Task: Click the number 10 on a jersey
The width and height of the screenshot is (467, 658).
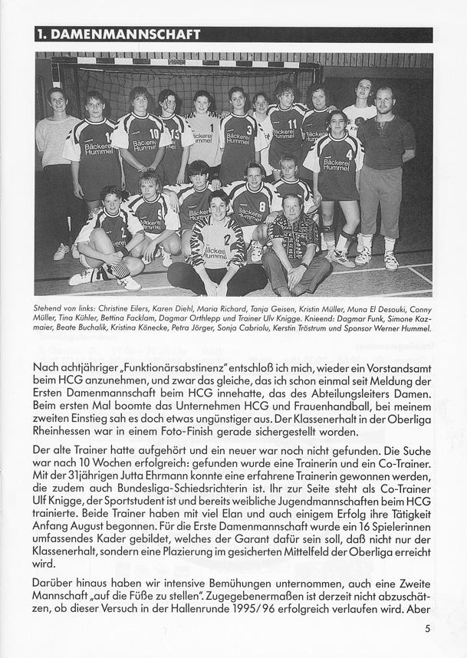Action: (x=153, y=133)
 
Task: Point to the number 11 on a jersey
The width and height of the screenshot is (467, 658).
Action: (x=292, y=123)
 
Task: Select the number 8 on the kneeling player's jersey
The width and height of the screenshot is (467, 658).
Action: (x=261, y=206)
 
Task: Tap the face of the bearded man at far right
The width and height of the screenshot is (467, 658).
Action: (x=386, y=100)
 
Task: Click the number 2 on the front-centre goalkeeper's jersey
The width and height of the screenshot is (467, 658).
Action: (x=226, y=239)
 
